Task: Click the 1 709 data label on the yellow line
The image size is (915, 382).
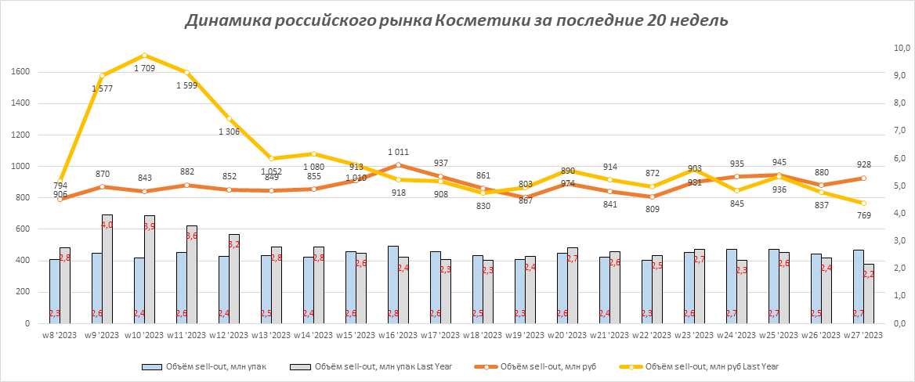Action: tap(145, 68)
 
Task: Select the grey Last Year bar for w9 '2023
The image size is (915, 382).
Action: tap(107, 268)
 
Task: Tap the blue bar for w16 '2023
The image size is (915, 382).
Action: tap(393, 284)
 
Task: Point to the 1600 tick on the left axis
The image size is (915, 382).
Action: tap(20, 72)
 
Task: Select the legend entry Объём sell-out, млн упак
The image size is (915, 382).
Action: tap(208, 366)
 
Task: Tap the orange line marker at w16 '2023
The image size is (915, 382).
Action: tap(399, 165)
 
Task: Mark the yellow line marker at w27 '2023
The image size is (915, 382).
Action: tap(863, 203)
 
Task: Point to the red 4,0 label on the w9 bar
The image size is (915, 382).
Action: tap(107, 225)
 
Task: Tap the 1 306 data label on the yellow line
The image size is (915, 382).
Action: tap(230, 132)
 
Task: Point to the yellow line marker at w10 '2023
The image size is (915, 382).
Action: tap(145, 56)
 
